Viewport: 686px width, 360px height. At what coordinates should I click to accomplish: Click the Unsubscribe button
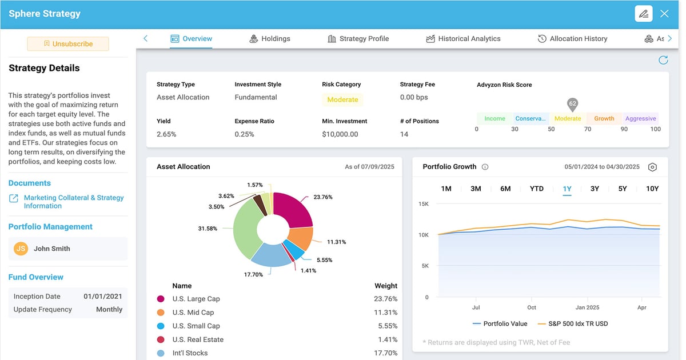pyautogui.click(x=68, y=44)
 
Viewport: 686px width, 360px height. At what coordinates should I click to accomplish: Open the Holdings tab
pyautogui.click(x=270, y=39)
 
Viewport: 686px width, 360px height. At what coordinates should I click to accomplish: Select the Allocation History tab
pyautogui.click(x=572, y=39)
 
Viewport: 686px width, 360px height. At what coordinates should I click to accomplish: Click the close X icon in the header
pyautogui.click(x=664, y=14)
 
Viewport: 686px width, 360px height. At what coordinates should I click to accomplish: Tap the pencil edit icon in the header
pyautogui.click(x=644, y=14)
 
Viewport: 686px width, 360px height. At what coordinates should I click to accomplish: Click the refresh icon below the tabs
pyautogui.click(x=663, y=60)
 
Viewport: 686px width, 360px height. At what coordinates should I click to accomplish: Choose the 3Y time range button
pyautogui.click(x=595, y=189)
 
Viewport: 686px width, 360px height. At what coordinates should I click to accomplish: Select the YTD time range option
pyautogui.click(x=536, y=189)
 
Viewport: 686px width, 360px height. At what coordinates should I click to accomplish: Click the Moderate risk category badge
pyautogui.click(x=342, y=99)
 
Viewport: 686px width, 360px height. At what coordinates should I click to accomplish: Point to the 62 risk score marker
pyautogui.click(x=572, y=105)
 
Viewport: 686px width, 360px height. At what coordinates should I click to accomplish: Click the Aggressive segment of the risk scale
pyautogui.click(x=640, y=119)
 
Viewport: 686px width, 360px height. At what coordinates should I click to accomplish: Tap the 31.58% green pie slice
pyautogui.click(x=243, y=229)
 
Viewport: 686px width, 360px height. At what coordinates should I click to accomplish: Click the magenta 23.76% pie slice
pyautogui.click(x=294, y=209)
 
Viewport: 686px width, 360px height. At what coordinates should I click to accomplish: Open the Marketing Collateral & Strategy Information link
pyautogui.click(x=73, y=202)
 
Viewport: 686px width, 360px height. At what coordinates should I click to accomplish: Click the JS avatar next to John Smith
pyautogui.click(x=21, y=249)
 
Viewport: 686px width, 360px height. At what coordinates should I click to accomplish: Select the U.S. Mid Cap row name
pyautogui.click(x=193, y=313)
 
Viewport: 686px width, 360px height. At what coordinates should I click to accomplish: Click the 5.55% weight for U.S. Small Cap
pyautogui.click(x=387, y=326)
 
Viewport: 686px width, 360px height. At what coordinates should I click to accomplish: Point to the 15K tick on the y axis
pyautogui.click(x=424, y=204)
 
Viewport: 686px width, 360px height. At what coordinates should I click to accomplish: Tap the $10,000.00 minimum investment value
pyautogui.click(x=340, y=134)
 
